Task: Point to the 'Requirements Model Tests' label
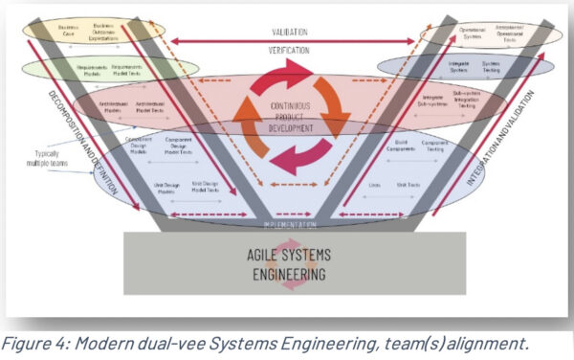[128, 71]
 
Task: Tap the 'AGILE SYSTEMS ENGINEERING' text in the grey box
[286, 264]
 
